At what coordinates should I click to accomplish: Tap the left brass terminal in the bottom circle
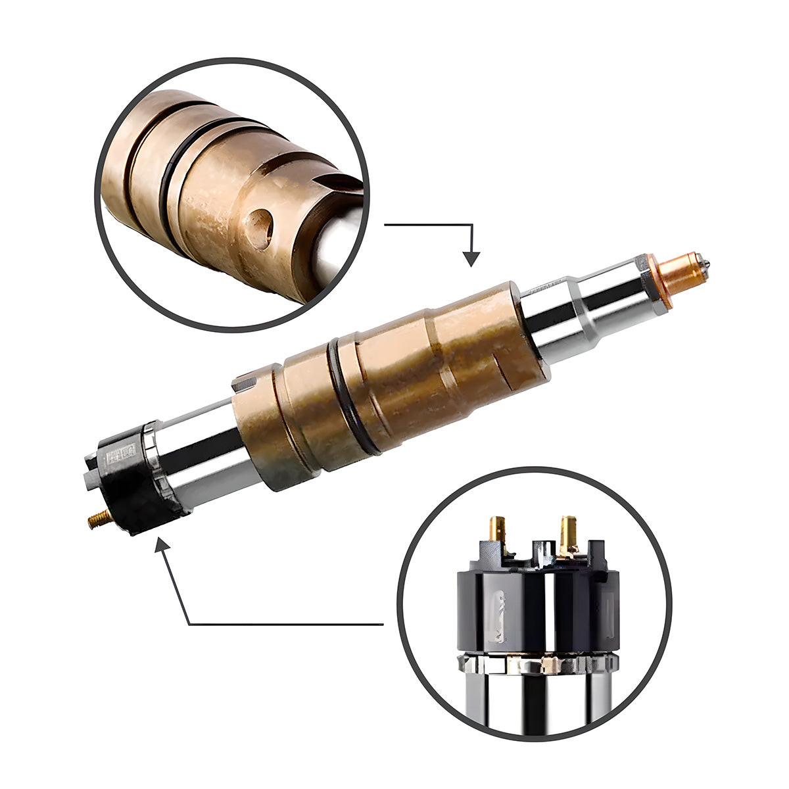click(x=497, y=531)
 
